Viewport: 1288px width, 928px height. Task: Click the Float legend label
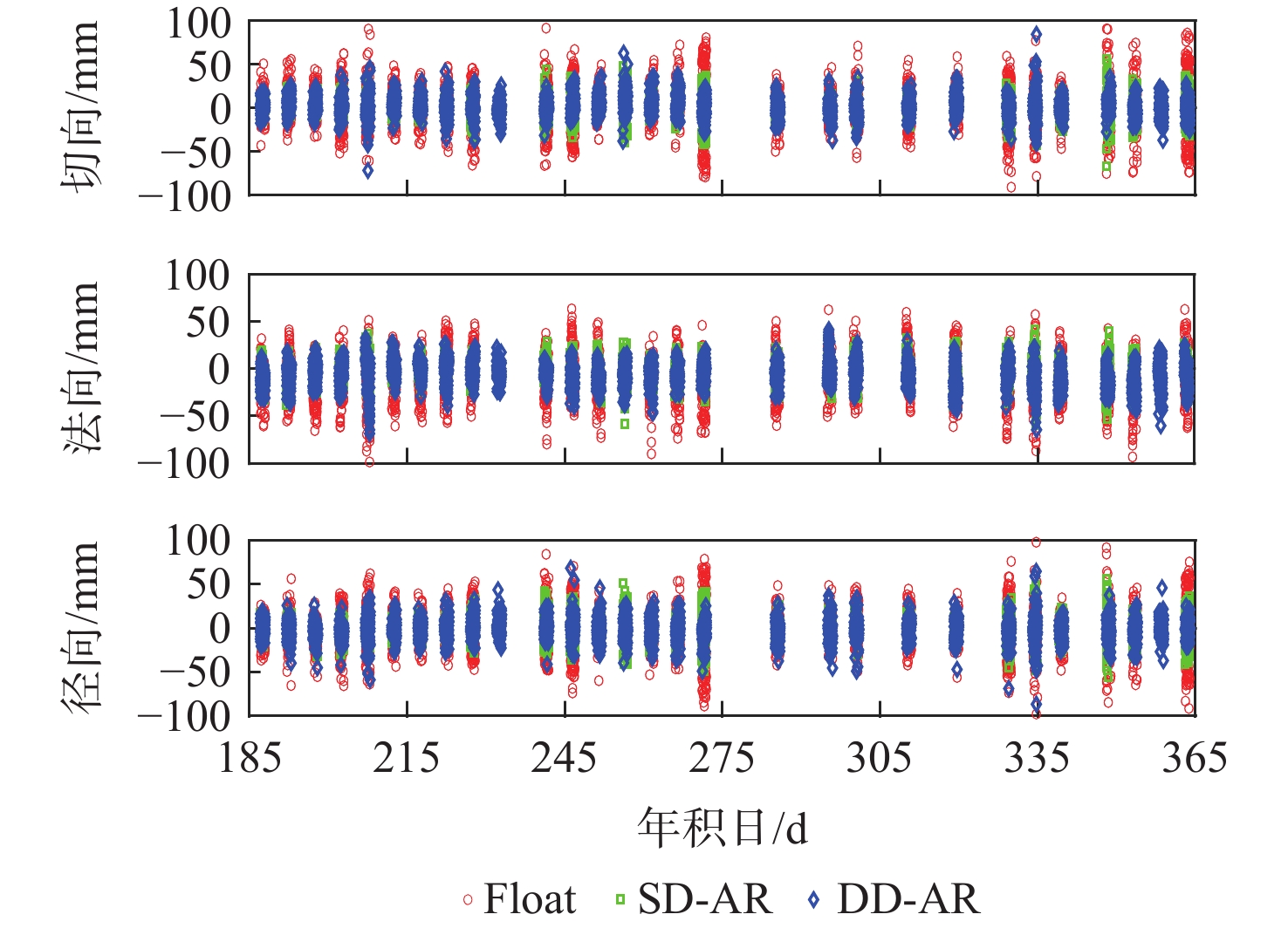(x=530, y=898)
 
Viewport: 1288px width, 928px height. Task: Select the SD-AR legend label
(x=705, y=898)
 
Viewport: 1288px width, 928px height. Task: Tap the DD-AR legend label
(x=908, y=898)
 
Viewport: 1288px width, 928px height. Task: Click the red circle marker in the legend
(x=468, y=899)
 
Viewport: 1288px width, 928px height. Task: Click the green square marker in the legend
(x=620, y=899)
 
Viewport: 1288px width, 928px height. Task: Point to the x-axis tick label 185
(x=250, y=758)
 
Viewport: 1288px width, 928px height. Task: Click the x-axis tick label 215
(x=407, y=758)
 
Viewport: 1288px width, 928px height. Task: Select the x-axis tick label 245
(x=565, y=758)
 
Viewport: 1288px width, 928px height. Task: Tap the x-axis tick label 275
(x=722, y=758)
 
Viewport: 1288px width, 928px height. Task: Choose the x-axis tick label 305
(x=880, y=758)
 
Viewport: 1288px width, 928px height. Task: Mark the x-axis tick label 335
(x=1037, y=758)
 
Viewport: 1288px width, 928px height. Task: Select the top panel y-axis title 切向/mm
(x=81, y=107)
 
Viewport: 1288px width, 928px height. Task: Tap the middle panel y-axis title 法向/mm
(x=81, y=367)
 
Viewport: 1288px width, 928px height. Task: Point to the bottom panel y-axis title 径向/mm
(x=81, y=627)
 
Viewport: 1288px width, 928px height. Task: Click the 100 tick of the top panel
(x=199, y=24)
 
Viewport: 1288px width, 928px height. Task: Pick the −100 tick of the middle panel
(x=186, y=461)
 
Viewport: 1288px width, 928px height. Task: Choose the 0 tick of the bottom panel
(x=220, y=628)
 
